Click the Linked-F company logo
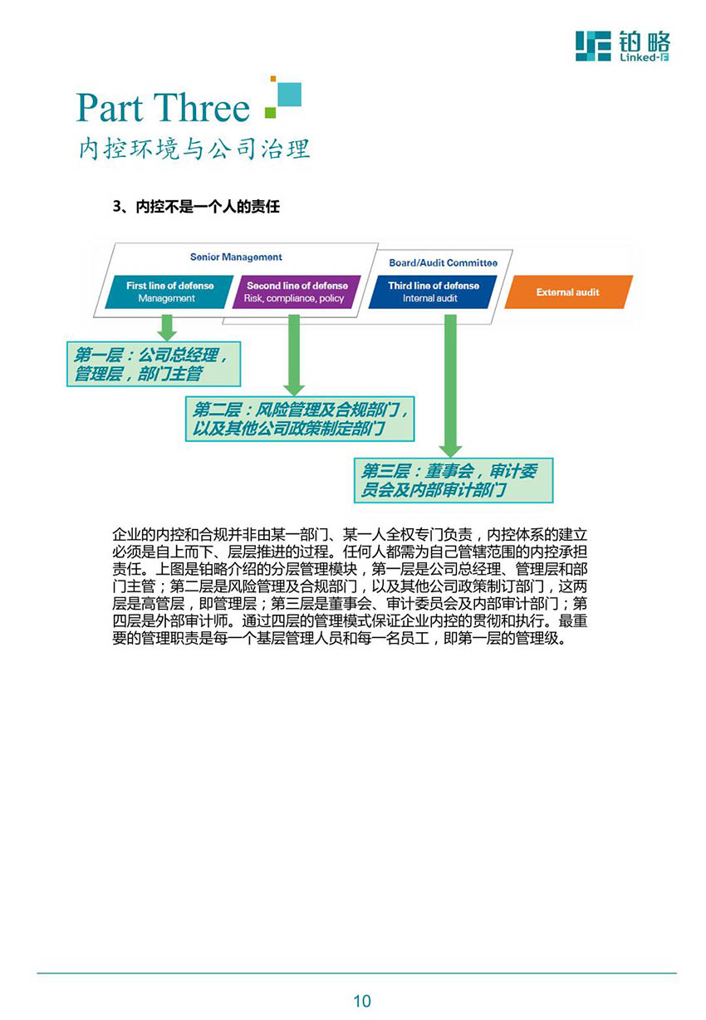(622, 46)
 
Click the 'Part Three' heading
(163, 107)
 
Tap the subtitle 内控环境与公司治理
(194, 149)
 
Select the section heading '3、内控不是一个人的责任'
(196, 207)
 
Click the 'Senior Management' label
(236, 257)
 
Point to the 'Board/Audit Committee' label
(443, 262)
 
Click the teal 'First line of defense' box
(169, 292)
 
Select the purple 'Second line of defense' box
(296, 292)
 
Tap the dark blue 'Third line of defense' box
(432, 292)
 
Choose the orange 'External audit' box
(568, 292)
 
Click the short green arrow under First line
(167, 327)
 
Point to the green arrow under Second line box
(294, 355)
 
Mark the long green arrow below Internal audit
(450, 385)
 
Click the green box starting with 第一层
(154, 364)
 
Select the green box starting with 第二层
(300, 419)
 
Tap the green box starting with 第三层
(454, 480)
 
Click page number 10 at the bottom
(362, 1001)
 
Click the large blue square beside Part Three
(289, 94)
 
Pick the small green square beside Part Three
(271, 112)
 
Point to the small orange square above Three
(273, 79)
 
